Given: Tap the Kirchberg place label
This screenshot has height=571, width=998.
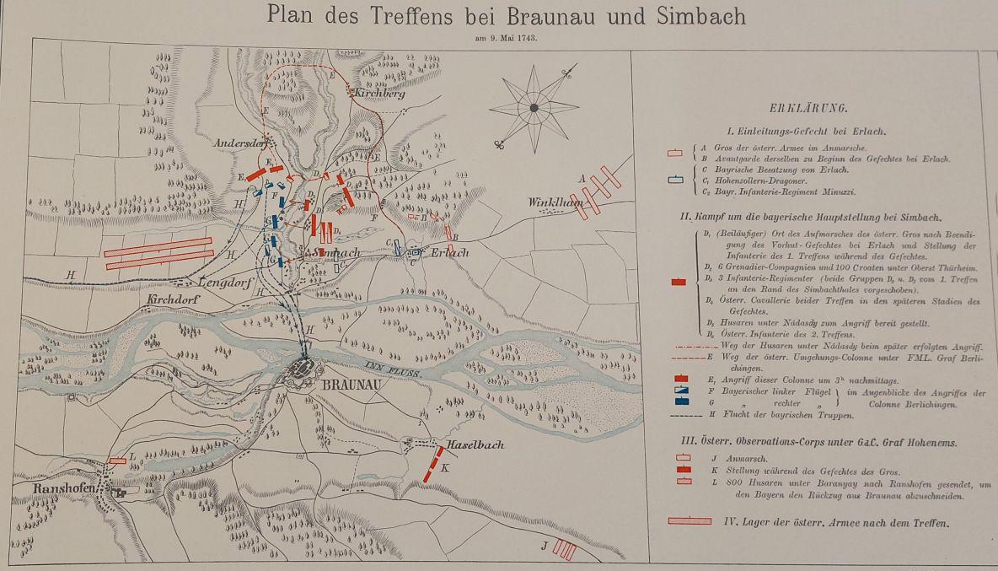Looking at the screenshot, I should click(x=379, y=94).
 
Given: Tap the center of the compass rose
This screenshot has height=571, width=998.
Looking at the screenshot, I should click(x=534, y=108).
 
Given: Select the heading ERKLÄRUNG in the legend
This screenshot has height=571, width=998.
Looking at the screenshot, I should click(x=808, y=108).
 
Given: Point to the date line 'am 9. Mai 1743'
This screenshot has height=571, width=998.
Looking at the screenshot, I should click(x=506, y=38).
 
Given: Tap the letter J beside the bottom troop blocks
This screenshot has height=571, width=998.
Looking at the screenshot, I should click(x=545, y=547).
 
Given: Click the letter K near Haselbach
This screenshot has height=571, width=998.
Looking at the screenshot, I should click(x=445, y=467).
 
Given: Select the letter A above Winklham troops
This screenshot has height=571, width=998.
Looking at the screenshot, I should click(x=581, y=179).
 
